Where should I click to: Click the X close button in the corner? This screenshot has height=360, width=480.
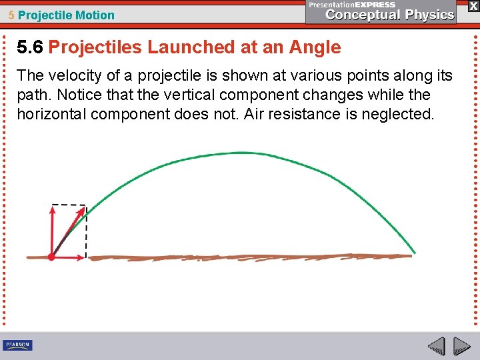tap(473, 5)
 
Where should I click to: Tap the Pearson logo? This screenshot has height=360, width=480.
tap(17, 345)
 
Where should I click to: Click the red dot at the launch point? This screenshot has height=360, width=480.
tap(51, 257)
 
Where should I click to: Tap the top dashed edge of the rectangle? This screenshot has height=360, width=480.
tap(69, 205)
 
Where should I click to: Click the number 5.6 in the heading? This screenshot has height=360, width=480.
tap(30, 47)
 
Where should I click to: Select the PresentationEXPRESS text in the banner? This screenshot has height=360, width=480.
tap(352, 5)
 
